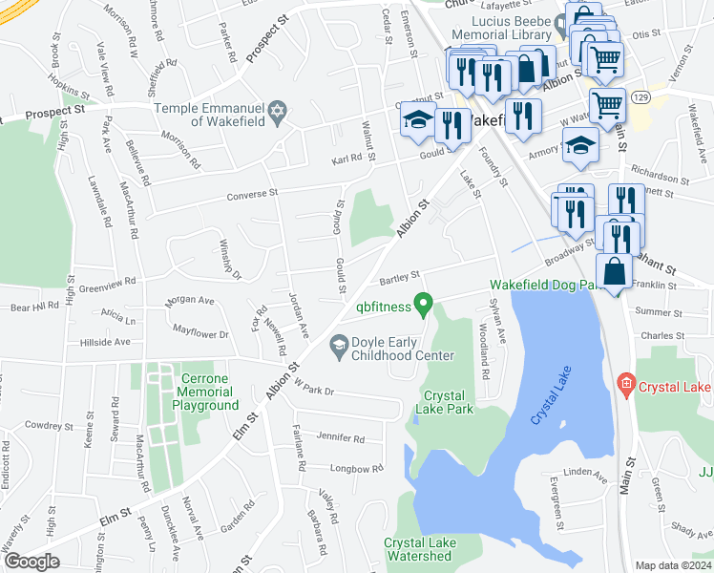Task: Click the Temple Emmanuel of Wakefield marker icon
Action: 278,111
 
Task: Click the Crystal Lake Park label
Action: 444,402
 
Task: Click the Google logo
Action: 32,561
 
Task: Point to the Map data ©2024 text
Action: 672,565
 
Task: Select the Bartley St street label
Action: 400,276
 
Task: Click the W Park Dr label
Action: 317,390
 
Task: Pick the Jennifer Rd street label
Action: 340,439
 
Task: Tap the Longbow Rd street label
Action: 356,468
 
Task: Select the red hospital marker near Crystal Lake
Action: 626,385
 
